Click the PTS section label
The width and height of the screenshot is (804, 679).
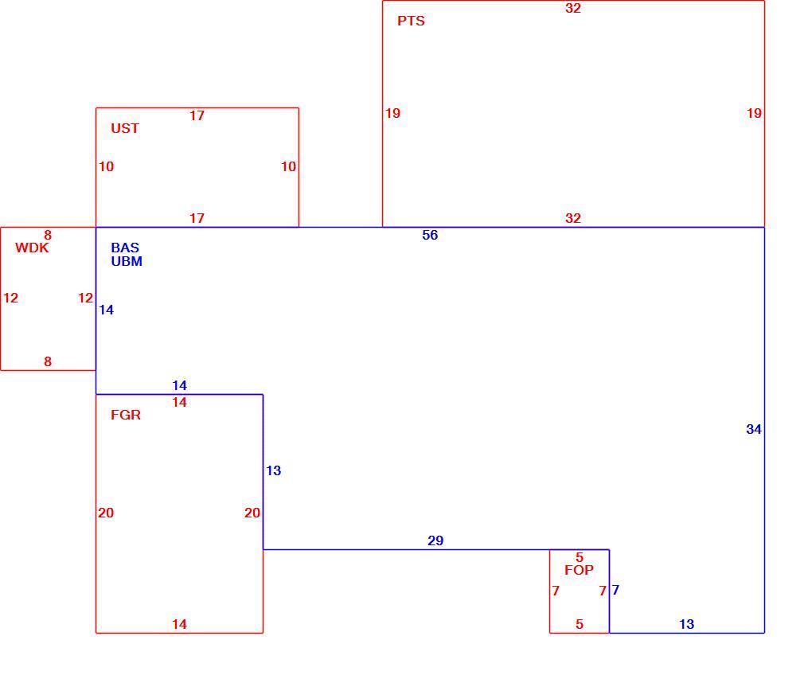coord(411,21)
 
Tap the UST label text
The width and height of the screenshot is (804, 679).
coord(125,128)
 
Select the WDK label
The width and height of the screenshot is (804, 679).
coord(32,248)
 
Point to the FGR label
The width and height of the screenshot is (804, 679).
coord(126,415)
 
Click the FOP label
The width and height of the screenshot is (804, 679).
coord(579,570)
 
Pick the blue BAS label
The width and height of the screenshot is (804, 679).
coord(125,248)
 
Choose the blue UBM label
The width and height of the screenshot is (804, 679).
coord(126,261)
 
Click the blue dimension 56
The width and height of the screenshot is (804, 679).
coord(430,235)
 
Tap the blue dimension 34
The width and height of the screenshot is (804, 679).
coord(753,429)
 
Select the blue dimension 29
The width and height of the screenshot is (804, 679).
coord(435,540)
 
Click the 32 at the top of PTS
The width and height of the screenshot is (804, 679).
coord(572,8)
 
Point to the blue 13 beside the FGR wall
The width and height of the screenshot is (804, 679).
coord(273,470)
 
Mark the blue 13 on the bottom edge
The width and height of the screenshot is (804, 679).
coord(686,624)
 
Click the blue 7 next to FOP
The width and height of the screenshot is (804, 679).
coord(615,591)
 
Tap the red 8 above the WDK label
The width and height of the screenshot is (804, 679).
coord(48,235)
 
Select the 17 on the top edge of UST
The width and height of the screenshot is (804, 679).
coord(197,115)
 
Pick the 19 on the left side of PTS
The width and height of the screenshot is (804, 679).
coord(392,113)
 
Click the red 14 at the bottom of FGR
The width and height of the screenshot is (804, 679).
coord(179,624)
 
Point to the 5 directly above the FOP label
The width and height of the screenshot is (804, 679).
coord(580,557)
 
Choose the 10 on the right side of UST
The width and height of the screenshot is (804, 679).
coord(288,166)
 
